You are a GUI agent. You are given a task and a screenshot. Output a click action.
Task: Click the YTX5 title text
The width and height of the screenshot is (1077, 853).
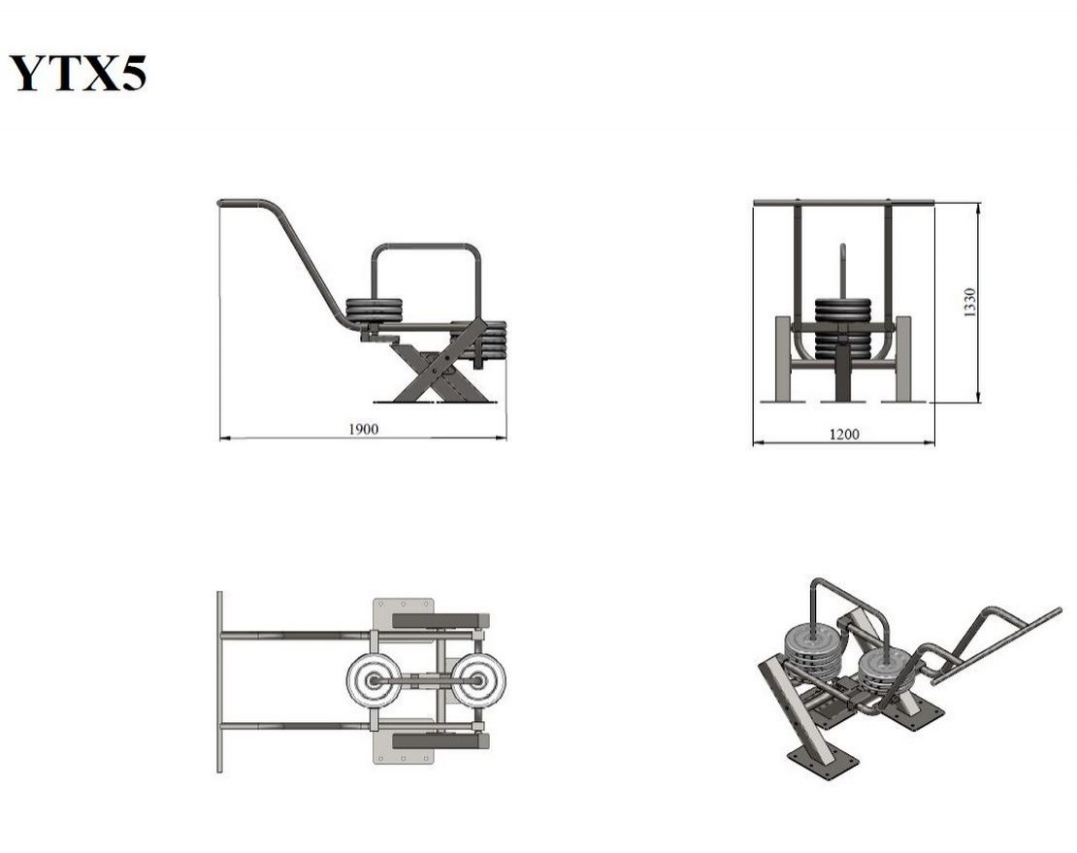[78, 73]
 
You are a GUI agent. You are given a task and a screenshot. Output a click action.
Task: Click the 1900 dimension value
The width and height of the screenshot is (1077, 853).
[363, 429]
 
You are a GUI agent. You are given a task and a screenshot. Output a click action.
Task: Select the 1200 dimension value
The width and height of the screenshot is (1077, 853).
[844, 434]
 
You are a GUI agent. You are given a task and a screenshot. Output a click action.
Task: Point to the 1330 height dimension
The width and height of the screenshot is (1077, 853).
[970, 302]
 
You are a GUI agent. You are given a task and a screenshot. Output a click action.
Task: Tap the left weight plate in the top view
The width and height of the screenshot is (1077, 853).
[375, 680]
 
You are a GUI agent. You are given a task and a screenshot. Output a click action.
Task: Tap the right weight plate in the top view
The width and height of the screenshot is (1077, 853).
[478, 680]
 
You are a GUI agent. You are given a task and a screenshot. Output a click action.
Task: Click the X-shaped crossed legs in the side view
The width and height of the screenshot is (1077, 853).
[440, 363]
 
